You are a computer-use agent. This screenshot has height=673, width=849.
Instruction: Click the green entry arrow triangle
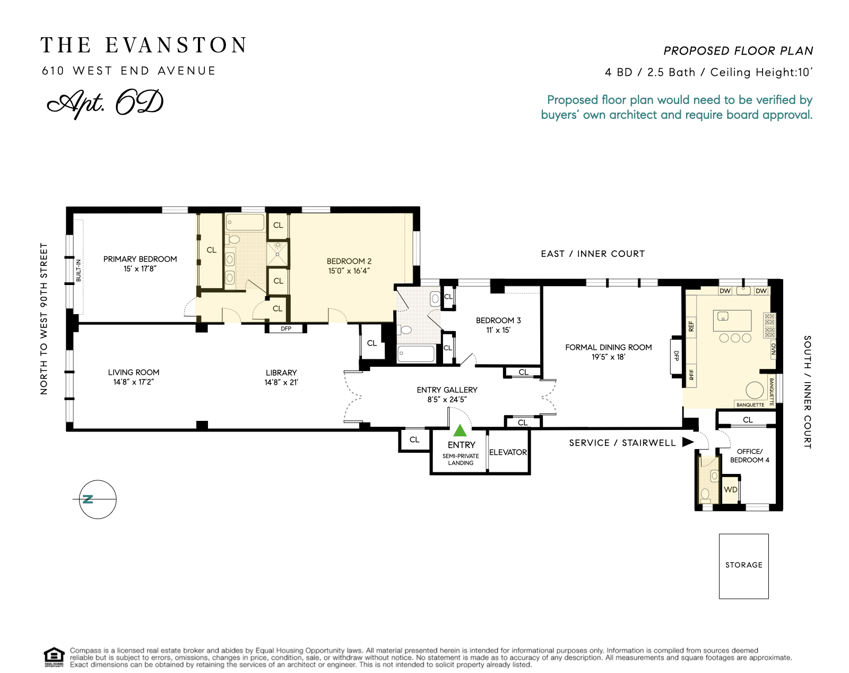(460, 430)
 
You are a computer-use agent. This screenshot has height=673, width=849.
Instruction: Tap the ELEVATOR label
(508, 452)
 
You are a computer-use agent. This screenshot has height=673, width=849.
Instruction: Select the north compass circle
(98, 499)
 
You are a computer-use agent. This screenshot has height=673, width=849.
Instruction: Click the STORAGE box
(743, 566)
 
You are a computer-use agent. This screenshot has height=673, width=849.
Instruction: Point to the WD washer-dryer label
(731, 489)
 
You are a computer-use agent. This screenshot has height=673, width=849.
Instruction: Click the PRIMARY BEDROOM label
(140, 259)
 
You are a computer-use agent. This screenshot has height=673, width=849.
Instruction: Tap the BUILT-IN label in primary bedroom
(79, 270)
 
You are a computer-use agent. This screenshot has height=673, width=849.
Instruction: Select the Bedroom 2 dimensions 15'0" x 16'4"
(349, 271)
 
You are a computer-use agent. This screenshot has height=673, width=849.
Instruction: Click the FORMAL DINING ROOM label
(608, 347)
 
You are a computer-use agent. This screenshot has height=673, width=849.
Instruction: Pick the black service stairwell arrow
(688, 442)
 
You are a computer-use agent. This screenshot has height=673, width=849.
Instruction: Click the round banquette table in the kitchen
(754, 390)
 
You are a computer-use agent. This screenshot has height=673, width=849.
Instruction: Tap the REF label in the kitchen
(691, 326)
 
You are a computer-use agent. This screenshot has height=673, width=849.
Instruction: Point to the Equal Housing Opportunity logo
(54, 657)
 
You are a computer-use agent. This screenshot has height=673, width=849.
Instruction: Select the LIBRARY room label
(281, 373)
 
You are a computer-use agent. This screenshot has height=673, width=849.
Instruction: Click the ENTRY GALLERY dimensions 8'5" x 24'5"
(447, 400)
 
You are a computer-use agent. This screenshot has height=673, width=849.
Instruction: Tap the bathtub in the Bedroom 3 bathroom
(416, 353)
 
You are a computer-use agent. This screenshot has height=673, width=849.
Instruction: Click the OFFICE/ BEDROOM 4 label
(749, 455)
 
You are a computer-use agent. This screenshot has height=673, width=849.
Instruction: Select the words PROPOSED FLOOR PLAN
(738, 51)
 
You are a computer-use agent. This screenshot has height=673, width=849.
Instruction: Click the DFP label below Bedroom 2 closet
(286, 329)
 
